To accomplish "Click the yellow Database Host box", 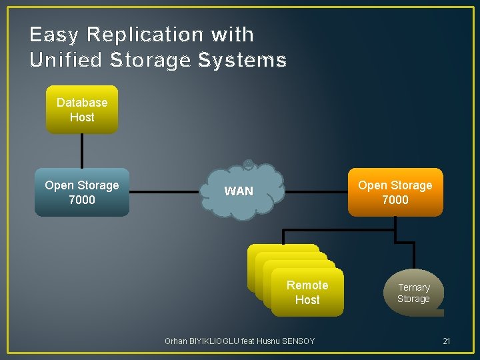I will [82, 109].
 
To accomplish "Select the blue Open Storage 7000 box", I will [82, 192].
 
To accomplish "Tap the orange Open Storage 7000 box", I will [395, 192].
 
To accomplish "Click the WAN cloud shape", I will [240, 191].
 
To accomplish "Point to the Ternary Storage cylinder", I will [414, 293].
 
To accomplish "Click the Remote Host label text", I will [307, 293].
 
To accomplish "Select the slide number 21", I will [447, 341].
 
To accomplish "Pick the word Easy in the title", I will [54, 34].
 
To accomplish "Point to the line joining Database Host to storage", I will [82, 151].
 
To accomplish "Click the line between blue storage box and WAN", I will [167, 192].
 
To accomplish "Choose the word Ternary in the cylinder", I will [414, 287].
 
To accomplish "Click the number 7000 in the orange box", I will [395, 199].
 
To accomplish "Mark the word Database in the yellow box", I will [82, 103].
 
